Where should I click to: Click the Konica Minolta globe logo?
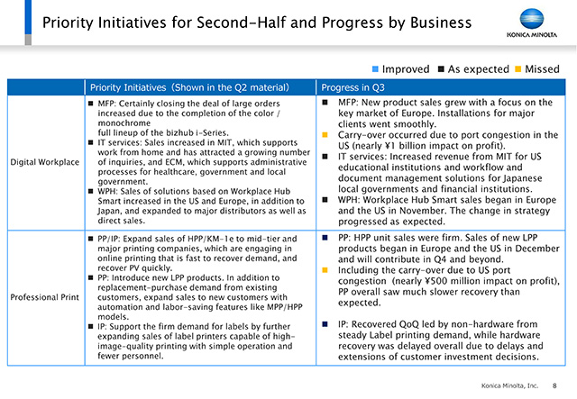532,19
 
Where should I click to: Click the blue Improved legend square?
375,69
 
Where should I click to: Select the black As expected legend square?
441,69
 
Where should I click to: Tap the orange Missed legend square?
518,69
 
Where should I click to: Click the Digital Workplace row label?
44,162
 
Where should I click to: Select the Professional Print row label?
44,297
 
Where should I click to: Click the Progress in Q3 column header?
353,87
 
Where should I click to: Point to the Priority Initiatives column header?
189,87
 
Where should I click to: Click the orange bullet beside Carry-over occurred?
325,135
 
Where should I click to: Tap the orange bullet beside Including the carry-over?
325,270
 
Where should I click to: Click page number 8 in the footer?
554,385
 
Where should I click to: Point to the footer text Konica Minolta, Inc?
509,385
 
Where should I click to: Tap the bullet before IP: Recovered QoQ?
325,324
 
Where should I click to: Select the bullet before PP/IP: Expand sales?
90,239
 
